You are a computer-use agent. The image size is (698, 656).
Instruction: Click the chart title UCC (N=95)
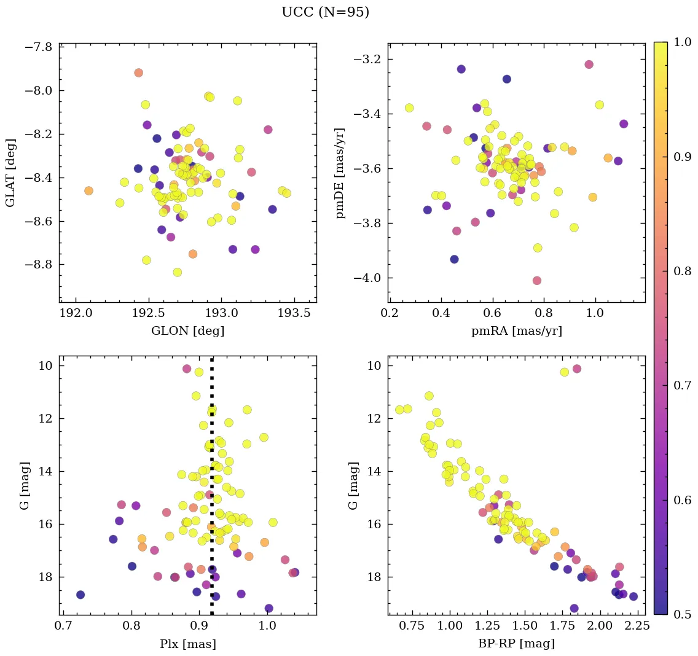(x=325, y=12)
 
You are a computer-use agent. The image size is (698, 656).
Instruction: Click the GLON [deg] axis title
(x=187, y=331)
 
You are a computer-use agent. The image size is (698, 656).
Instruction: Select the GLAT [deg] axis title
(x=10, y=173)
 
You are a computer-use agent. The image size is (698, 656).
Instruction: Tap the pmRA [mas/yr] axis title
(x=516, y=331)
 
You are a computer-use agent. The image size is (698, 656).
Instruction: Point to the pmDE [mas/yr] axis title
(x=340, y=173)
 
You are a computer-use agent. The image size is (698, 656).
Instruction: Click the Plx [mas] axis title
(x=187, y=644)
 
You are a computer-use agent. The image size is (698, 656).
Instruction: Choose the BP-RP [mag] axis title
(x=516, y=644)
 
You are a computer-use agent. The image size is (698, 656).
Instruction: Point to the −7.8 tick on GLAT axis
(x=37, y=47)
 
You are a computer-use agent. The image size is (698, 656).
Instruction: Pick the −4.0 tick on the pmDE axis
(x=367, y=278)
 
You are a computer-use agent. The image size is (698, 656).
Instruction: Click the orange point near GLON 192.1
(x=88, y=191)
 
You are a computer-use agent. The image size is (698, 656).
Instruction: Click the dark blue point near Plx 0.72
(x=80, y=595)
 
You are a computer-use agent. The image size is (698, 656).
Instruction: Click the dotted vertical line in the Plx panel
(x=212, y=491)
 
